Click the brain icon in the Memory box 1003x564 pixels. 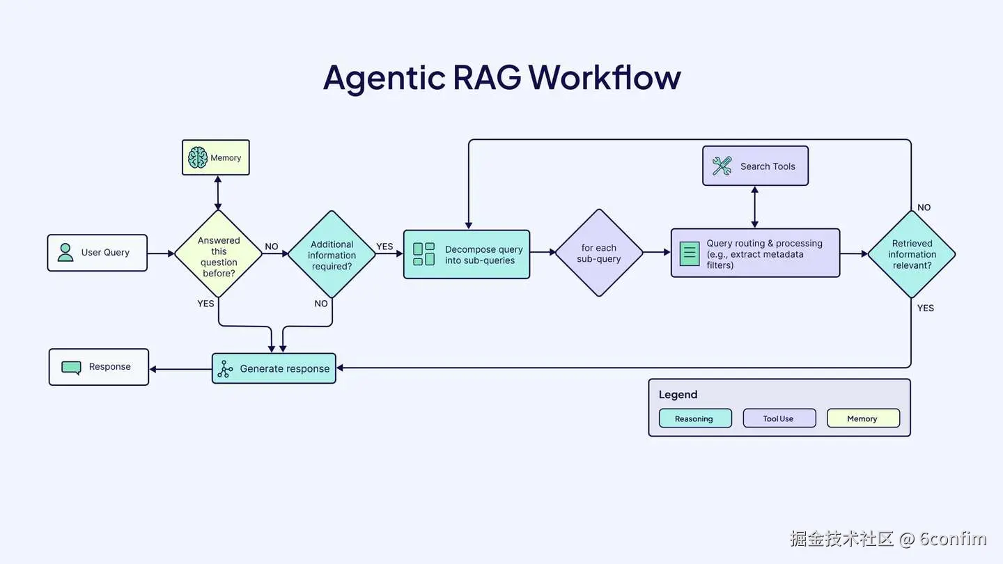pos(198,158)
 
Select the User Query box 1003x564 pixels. pos(98,253)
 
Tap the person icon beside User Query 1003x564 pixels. pos(65,252)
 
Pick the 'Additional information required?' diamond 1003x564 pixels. pos(332,255)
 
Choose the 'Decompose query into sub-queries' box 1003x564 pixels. pos(467,255)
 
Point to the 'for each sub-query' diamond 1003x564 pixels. pos(598,253)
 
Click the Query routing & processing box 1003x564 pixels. pos(755,253)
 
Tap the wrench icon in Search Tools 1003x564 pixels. pos(722,166)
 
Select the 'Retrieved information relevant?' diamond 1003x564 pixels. pos(912,254)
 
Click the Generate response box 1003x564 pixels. pos(274,368)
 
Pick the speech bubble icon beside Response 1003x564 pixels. pos(71,367)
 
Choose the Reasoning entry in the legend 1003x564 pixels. pos(694,418)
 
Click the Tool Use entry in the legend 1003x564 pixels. pos(779,418)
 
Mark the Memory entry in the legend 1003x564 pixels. pos(862,418)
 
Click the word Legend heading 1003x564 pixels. pos(678,395)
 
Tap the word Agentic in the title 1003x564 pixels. pos(384,77)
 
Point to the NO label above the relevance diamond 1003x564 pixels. pos(924,207)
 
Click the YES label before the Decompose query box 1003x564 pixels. pos(384,246)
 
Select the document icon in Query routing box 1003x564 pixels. pos(689,253)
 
